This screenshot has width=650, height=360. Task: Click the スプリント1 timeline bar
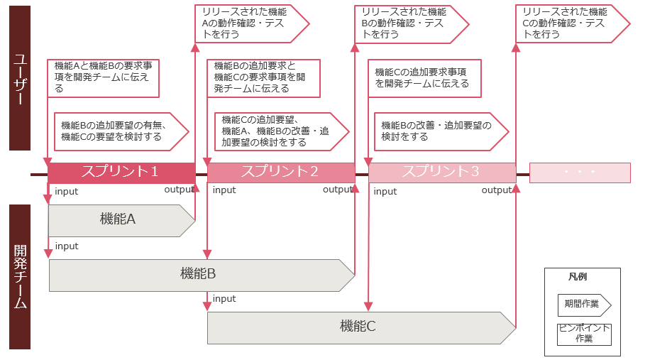(121, 173)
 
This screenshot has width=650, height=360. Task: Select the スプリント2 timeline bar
(280, 173)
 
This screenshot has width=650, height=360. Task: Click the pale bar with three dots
(579, 173)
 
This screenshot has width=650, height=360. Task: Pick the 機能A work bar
(118, 220)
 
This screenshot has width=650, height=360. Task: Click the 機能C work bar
(358, 327)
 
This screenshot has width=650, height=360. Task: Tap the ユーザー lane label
(20, 78)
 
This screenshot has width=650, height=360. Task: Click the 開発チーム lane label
(20, 277)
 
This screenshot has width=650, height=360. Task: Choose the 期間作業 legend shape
(583, 304)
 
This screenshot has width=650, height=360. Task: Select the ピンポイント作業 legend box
(583, 334)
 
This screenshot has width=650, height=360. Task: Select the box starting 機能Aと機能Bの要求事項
(103, 77)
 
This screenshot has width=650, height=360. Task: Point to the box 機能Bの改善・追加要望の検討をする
(440, 131)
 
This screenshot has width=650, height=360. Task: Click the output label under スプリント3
(497, 190)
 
